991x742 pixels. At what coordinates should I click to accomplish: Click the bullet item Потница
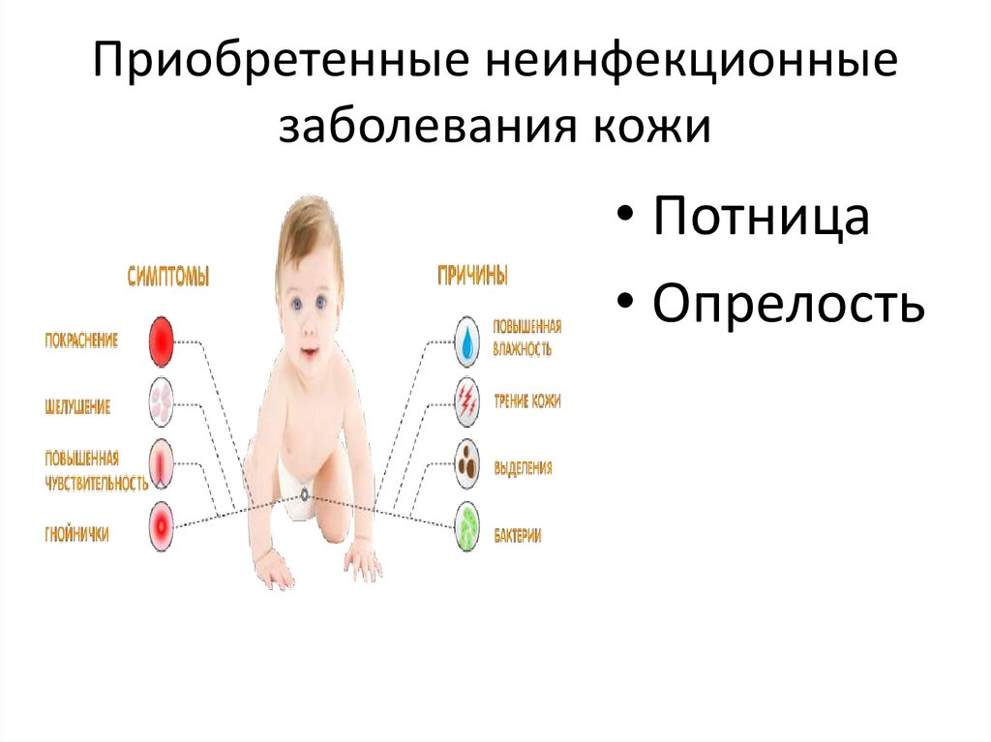click(x=761, y=217)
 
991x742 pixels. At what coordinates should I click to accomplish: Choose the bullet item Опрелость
click(x=788, y=303)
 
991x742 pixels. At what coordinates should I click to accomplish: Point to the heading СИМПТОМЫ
click(x=168, y=277)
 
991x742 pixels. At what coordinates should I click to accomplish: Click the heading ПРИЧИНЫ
click(x=473, y=276)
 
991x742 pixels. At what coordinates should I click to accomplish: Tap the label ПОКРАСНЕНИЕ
click(x=82, y=341)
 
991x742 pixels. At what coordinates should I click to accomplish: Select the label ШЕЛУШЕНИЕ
click(x=78, y=407)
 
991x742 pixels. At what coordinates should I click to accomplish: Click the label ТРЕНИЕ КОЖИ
click(x=526, y=401)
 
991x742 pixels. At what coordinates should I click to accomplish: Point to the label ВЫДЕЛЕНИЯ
click(x=523, y=468)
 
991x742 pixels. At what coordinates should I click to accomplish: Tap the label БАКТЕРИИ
click(x=517, y=535)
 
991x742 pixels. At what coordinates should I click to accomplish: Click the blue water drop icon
click(x=467, y=341)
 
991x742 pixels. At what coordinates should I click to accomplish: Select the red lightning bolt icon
click(x=467, y=401)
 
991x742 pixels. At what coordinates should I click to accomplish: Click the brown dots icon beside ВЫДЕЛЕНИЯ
click(x=467, y=464)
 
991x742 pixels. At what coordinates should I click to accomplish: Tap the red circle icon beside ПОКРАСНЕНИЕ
click(x=161, y=341)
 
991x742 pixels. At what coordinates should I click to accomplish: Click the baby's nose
click(x=309, y=330)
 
